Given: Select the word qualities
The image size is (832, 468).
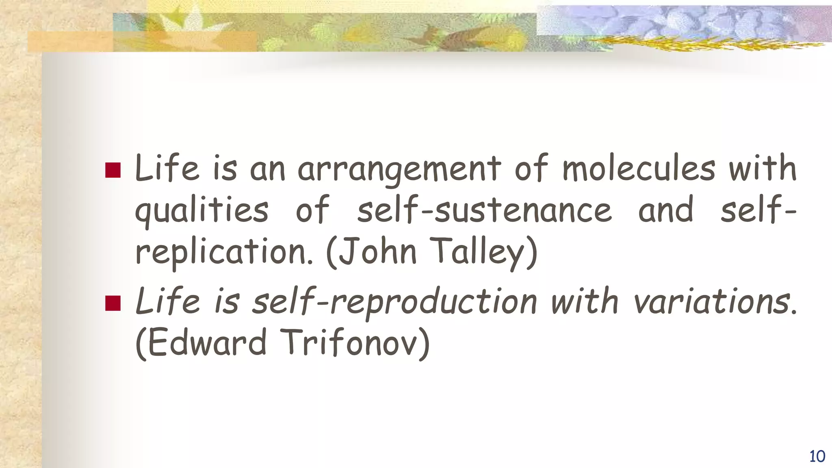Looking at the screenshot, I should coord(201,210).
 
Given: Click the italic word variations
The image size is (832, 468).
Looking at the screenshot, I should coord(713,301).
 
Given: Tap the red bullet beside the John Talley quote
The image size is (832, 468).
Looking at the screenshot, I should coord(113,170).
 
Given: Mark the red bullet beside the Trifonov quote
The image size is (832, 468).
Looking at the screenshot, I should coord(113,303).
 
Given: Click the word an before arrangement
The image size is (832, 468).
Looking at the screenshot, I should coord(267,170).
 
